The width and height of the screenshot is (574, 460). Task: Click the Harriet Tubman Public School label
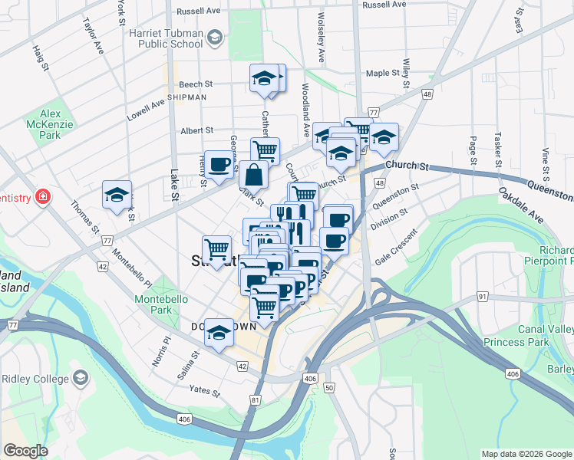[x=170, y=38]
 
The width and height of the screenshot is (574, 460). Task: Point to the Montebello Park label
[x=156, y=304]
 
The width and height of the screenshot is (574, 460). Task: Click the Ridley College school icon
[x=80, y=378]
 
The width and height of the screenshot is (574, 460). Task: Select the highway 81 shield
[x=256, y=399]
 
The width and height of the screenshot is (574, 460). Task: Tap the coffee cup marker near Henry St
[x=219, y=164]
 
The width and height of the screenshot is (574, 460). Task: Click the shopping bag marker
[x=253, y=175]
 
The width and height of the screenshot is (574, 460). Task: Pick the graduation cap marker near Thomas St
[x=117, y=195]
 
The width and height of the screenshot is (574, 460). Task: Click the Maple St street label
[x=383, y=74]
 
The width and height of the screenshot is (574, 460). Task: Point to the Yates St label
[x=206, y=391]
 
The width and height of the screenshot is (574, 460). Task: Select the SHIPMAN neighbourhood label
[x=186, y=97]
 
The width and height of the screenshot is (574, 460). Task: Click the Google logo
[x=26, y=451]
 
